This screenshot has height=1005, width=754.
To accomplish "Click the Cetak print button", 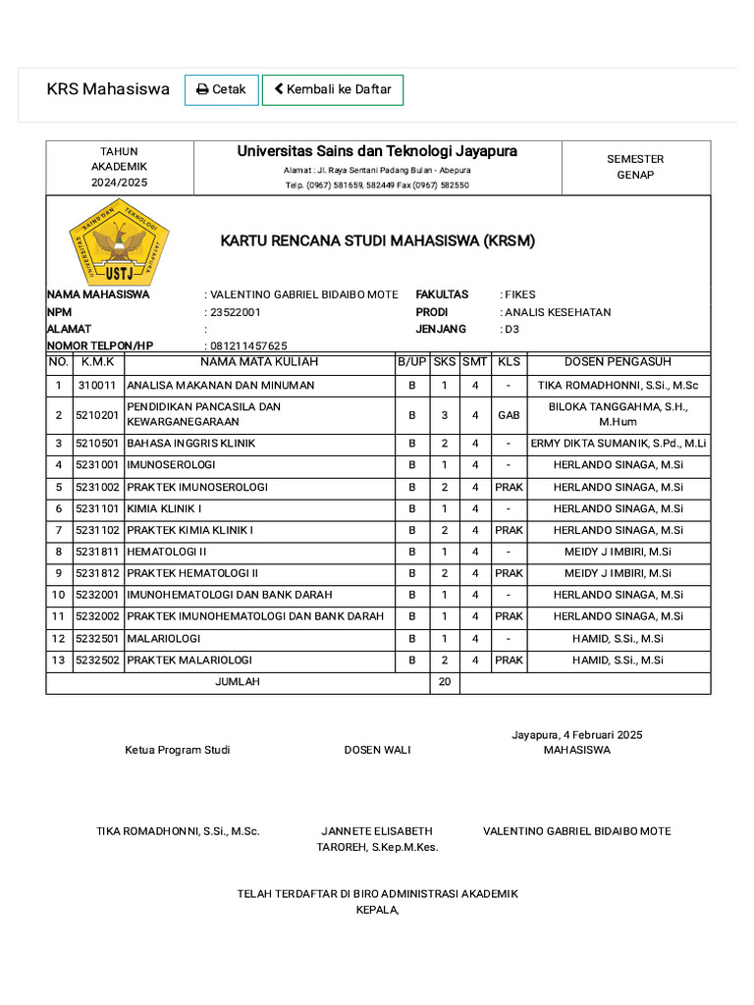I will (222, 89).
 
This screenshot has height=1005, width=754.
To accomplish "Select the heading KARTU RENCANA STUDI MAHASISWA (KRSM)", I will (377, 240).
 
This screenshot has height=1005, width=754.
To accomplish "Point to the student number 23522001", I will (236, 312).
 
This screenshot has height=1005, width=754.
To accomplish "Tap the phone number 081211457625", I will (248, 345).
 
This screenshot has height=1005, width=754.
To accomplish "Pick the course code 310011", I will (97, 386).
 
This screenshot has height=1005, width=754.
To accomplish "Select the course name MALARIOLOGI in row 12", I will (166, 639).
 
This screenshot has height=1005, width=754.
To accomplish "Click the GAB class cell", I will (509, 415).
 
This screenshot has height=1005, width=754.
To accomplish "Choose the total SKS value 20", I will (444, 682).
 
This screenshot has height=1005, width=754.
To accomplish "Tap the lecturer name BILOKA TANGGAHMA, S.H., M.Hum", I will (618, 414).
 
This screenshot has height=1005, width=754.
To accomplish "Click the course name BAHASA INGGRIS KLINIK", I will (191, 444).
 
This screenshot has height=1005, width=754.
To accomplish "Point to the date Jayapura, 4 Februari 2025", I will (576, 735).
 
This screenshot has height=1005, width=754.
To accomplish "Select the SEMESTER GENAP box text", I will (635, 167).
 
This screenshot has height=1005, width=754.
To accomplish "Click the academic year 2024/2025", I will (120, 183).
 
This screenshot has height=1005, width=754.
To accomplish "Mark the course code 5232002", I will (97, 616).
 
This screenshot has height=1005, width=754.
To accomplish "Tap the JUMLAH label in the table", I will (238, 682).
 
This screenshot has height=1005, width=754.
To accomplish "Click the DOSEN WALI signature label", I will (377, 750).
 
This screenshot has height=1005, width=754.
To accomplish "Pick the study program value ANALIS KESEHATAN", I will (558, 312).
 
